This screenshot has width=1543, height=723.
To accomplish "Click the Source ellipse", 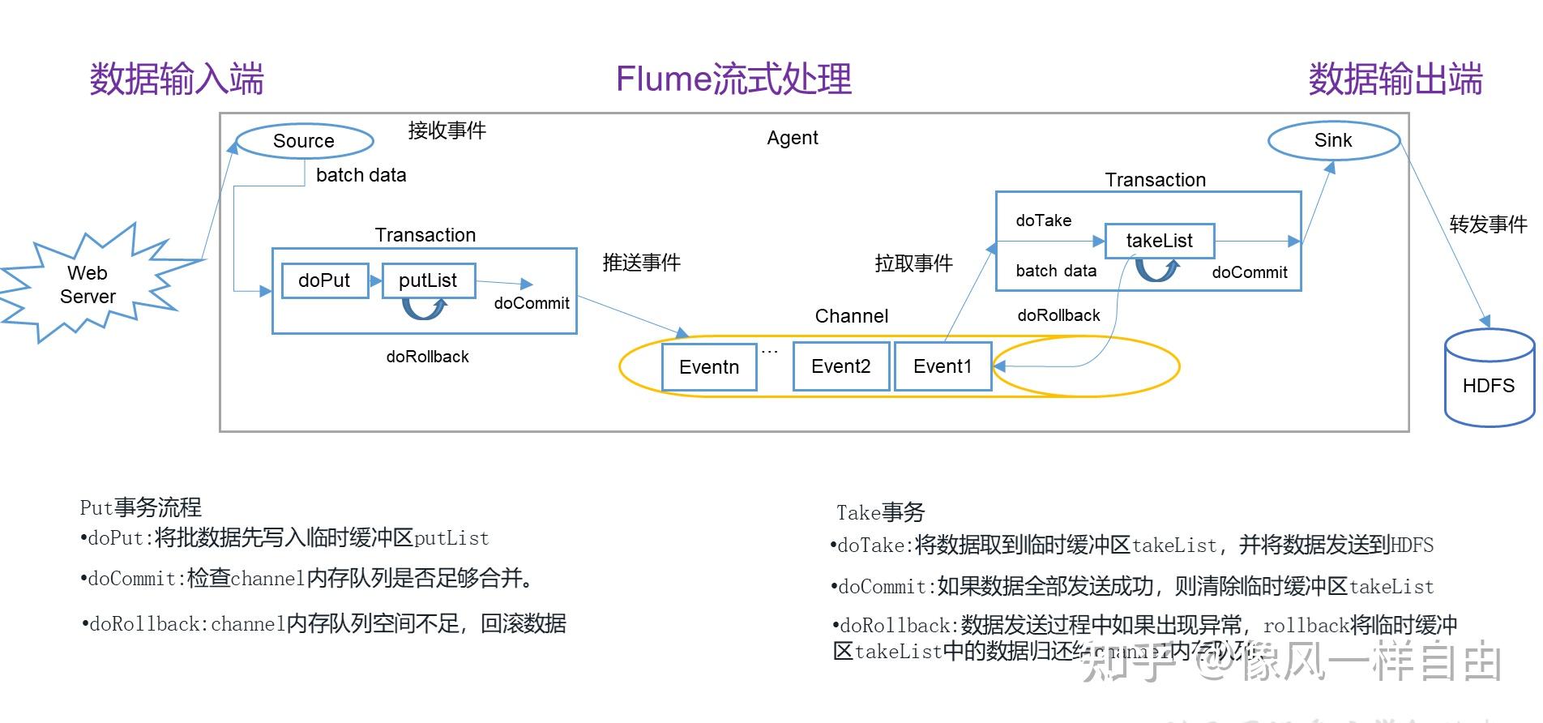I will [304, 141].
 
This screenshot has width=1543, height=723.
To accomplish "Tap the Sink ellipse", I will [1333, 140].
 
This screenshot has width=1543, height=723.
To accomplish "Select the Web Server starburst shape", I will [88, 284].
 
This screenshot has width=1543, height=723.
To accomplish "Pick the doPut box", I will [324, 280].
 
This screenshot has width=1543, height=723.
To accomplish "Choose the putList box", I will [428, 280].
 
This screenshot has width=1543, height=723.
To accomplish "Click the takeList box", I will [1159, 241].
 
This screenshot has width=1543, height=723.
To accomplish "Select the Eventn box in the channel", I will [709, 367].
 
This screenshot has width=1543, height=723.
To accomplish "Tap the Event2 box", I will [840, 366].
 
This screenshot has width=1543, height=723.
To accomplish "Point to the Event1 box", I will [942, 366].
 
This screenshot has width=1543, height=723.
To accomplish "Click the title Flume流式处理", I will [733, 79].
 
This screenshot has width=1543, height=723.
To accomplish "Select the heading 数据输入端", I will [177, 79].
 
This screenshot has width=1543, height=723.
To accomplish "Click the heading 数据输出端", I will [1395, 79].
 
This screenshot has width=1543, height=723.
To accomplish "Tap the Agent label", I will [792, 138].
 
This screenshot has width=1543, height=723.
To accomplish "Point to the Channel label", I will [851, 316].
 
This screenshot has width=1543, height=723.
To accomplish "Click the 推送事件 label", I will [641, 263].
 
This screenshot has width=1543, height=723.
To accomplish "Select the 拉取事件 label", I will [913, 263].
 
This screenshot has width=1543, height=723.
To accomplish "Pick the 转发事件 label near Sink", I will [1488, 225].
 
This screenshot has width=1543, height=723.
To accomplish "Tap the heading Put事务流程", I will [140, 508].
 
